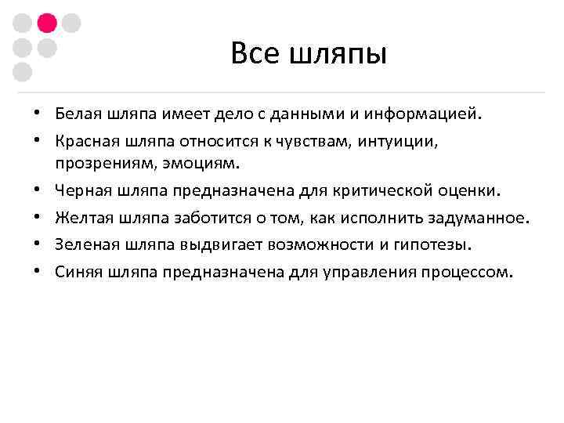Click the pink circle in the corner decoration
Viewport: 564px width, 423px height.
[x=46, y=23]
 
